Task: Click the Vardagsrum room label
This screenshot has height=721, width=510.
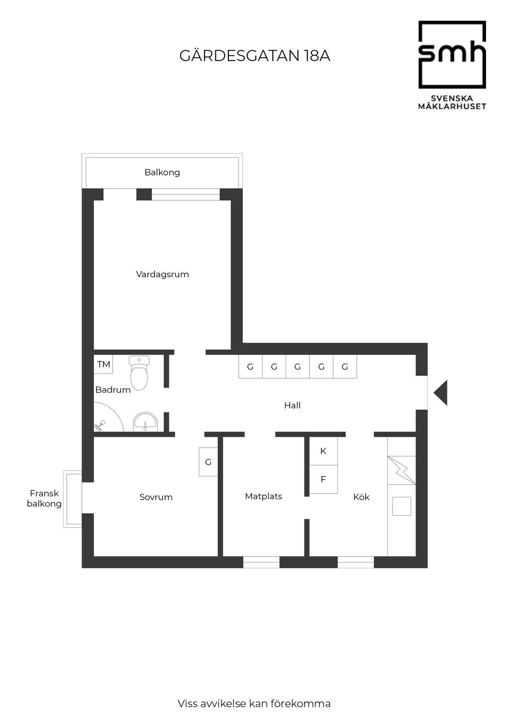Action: tap(162, 274)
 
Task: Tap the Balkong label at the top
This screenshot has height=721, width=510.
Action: tap(162, 172)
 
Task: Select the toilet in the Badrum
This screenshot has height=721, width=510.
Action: tap(139, 373)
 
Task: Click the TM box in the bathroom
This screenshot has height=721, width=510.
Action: tap(104, 364)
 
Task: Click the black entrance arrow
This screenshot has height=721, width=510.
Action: tap(441, 393)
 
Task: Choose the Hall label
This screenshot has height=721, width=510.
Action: tap(292, 405)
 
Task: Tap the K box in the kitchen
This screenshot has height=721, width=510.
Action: tap(324, 451)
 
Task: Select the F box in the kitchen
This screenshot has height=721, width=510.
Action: tap(324, 480)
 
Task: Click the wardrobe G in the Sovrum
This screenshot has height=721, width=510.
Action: tap(208, 462)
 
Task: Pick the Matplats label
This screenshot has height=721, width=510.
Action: tap(263, 496)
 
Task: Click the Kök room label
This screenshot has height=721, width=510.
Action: tap(361, 497)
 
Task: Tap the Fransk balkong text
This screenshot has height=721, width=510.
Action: tap(44, 498)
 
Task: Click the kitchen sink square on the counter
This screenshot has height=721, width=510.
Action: tap(399, 505)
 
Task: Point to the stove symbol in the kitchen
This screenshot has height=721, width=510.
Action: tap(402, 470)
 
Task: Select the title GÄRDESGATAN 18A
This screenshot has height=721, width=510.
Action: tap(255, 56)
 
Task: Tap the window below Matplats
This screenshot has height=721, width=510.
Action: tap(261, 562)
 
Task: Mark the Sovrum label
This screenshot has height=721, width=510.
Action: tap(156, 497)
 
